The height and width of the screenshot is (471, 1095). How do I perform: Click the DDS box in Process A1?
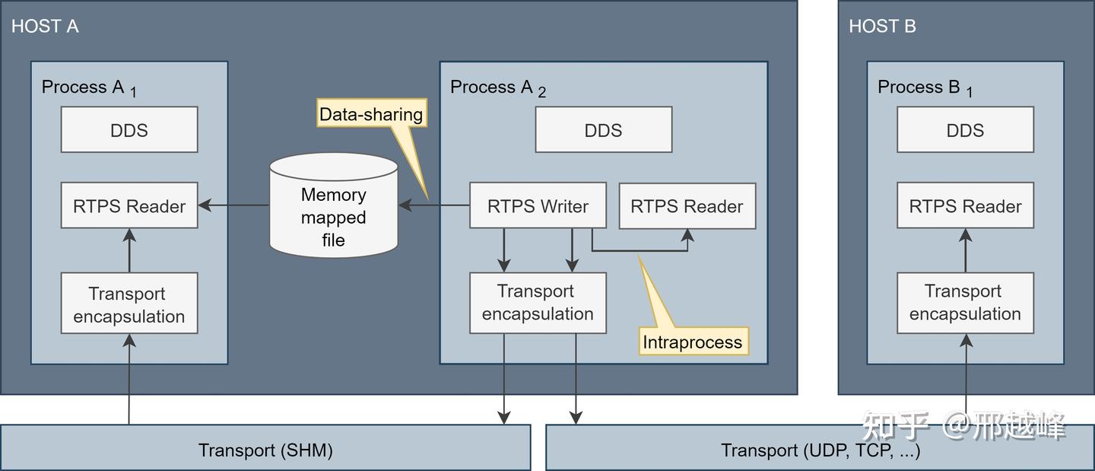129,129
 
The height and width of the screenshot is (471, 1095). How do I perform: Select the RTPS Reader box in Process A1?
129,205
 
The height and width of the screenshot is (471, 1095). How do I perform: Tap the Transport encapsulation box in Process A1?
129,304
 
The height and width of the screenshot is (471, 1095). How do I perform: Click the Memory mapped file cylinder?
334,205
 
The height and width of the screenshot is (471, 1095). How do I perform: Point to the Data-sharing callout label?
371,115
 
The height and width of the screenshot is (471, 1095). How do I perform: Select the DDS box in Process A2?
603,129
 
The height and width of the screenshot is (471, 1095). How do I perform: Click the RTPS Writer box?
538,205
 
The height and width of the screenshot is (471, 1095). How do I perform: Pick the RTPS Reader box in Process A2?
687,206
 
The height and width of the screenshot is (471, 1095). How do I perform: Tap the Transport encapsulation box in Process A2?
538,303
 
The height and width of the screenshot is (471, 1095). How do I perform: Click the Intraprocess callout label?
692,342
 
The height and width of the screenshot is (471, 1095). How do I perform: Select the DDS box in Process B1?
965,129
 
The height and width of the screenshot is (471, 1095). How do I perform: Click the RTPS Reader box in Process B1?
965,205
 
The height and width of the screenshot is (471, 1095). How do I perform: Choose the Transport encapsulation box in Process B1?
965,303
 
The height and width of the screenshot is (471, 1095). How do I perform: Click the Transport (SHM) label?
265,450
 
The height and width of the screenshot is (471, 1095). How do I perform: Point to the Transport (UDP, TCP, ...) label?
820,450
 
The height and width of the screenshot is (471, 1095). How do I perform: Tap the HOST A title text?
45,26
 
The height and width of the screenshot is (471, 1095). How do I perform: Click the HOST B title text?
882,26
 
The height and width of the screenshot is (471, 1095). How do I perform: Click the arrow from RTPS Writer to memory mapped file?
434,205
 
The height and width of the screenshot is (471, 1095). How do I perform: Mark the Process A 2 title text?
497,88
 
